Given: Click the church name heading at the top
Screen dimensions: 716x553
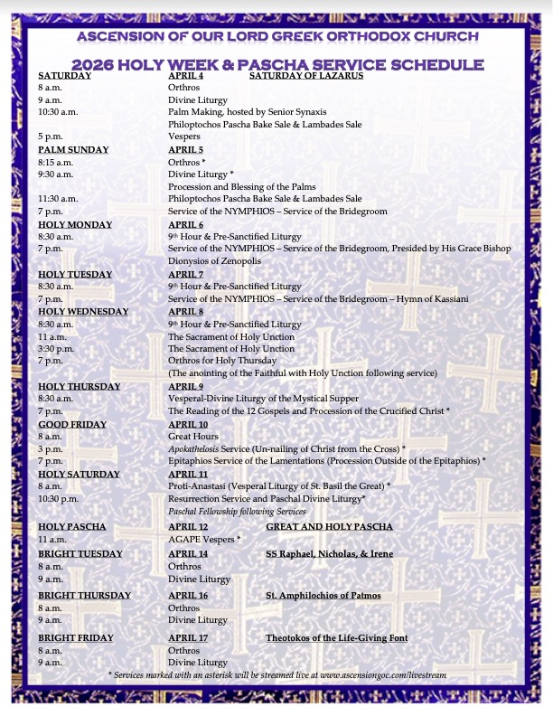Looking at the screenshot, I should point(276,36).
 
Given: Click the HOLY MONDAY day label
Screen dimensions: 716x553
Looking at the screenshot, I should point(75,224).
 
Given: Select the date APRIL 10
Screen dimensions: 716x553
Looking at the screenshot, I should point(188,424).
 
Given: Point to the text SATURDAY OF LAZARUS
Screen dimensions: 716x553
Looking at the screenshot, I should point(305,76).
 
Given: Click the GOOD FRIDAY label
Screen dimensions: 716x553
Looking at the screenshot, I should point(72,424).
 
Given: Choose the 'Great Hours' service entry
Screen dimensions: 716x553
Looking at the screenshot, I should point(194,437).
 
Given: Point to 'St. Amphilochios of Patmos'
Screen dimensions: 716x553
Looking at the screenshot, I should point(323,596).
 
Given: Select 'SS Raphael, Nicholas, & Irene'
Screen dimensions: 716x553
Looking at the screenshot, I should point(329,553).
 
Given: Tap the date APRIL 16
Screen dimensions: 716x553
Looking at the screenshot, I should point(188,596).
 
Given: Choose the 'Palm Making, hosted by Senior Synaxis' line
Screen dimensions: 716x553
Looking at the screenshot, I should point(247,112).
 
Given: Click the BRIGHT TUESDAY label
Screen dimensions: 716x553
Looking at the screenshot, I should point(82,553).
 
